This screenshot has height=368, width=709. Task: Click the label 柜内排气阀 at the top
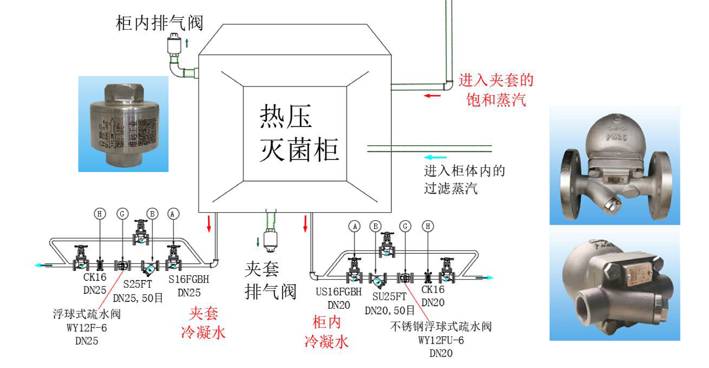pos(159,23)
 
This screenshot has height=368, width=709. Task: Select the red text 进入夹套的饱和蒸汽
pos(496,90)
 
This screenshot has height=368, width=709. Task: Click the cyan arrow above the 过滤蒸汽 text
pos(436,157)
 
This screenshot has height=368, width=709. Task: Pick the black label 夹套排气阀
pos(270,280)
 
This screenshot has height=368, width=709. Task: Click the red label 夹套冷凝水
pos(203,324)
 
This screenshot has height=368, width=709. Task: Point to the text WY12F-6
pos(87,327)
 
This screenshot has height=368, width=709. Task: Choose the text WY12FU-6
pos(441,340)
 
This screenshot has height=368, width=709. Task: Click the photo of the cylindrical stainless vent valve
pos(123,124)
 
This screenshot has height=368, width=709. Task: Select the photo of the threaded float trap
pos(614,284)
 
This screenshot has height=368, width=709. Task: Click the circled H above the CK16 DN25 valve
pos(100,214)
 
